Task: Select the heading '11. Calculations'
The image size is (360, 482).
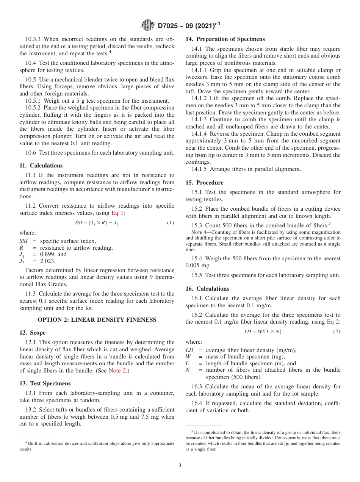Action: pos(41,166)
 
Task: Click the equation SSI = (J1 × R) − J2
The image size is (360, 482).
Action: pos(97,223)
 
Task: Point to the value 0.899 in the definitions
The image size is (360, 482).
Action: pos(48,255)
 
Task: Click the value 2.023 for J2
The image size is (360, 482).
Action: pos(48,261)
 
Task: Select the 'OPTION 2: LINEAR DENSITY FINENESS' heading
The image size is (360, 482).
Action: pos(97,320)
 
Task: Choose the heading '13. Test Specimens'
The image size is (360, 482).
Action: pos(45,383)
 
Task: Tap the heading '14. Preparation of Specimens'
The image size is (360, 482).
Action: pos(225,39)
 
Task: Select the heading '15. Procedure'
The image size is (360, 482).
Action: pos(204,183)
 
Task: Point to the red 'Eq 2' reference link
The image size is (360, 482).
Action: pos(333,322)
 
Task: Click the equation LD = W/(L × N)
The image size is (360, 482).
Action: pos(263,332)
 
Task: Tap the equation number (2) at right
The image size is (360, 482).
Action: pos(337,332)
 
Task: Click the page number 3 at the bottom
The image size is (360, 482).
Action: pos(180,465)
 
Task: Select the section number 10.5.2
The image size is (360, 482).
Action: pos(34,108)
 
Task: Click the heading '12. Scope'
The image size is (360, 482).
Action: pos(32,333)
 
